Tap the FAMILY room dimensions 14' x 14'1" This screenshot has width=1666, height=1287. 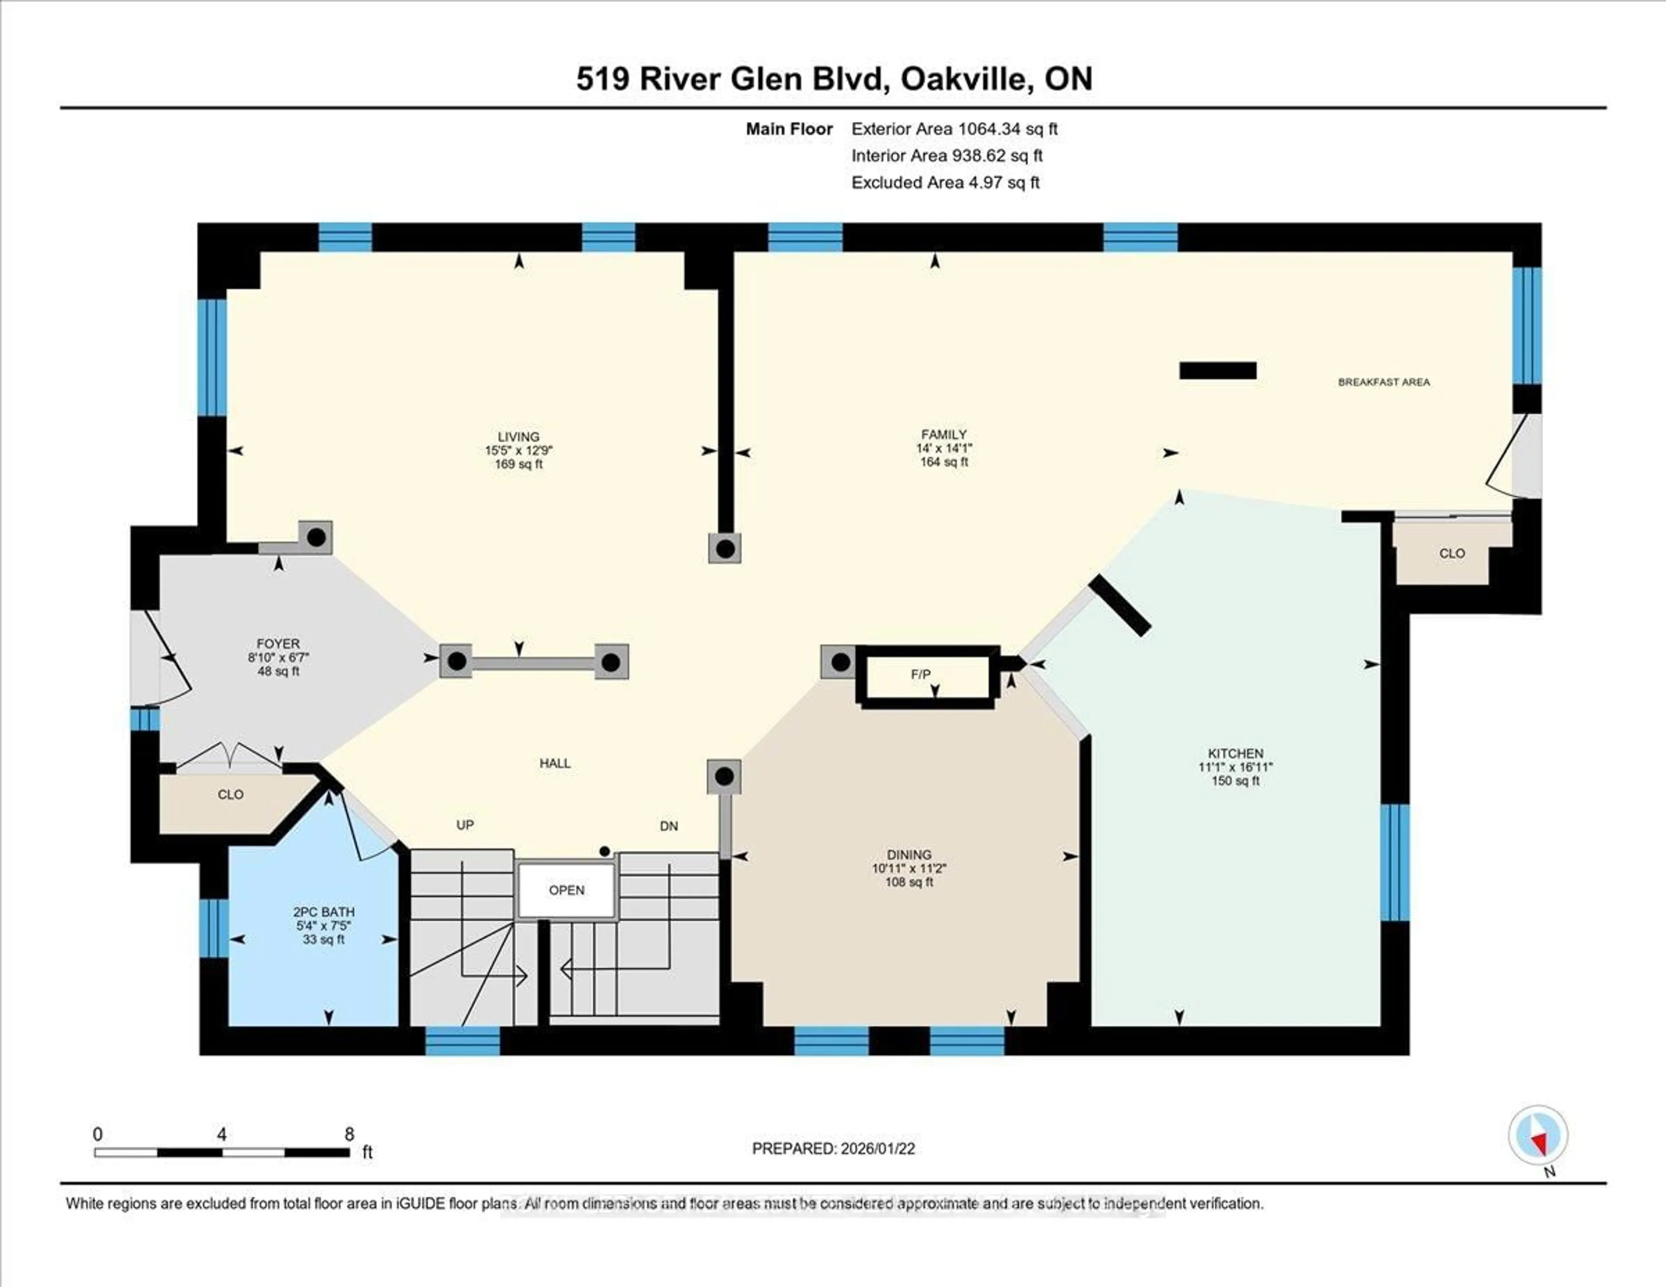click(x=944, y=449)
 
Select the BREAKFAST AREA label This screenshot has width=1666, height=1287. click(x=1383, y=382)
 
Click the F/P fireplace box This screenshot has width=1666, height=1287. click(x=921, y=674)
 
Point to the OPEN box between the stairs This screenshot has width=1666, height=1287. click(x=567, y=890)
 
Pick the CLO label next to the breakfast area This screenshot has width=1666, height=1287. click(x=1452, y=554)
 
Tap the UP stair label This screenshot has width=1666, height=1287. click(x=465, y=825)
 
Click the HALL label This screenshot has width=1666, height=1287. click(x=554, y=763)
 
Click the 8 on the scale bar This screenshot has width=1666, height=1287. click(x=349, y=1134)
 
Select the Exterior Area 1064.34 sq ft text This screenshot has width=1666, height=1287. click(x=954, y=129)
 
